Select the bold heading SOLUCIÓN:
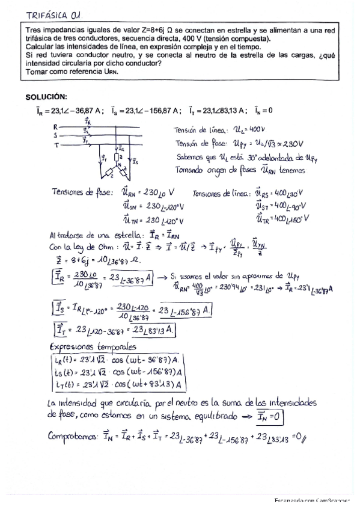46,97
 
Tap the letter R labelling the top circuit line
55,127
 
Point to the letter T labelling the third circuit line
55,145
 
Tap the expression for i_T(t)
114,384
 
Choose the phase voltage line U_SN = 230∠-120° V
148,206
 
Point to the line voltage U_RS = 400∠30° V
280,194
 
